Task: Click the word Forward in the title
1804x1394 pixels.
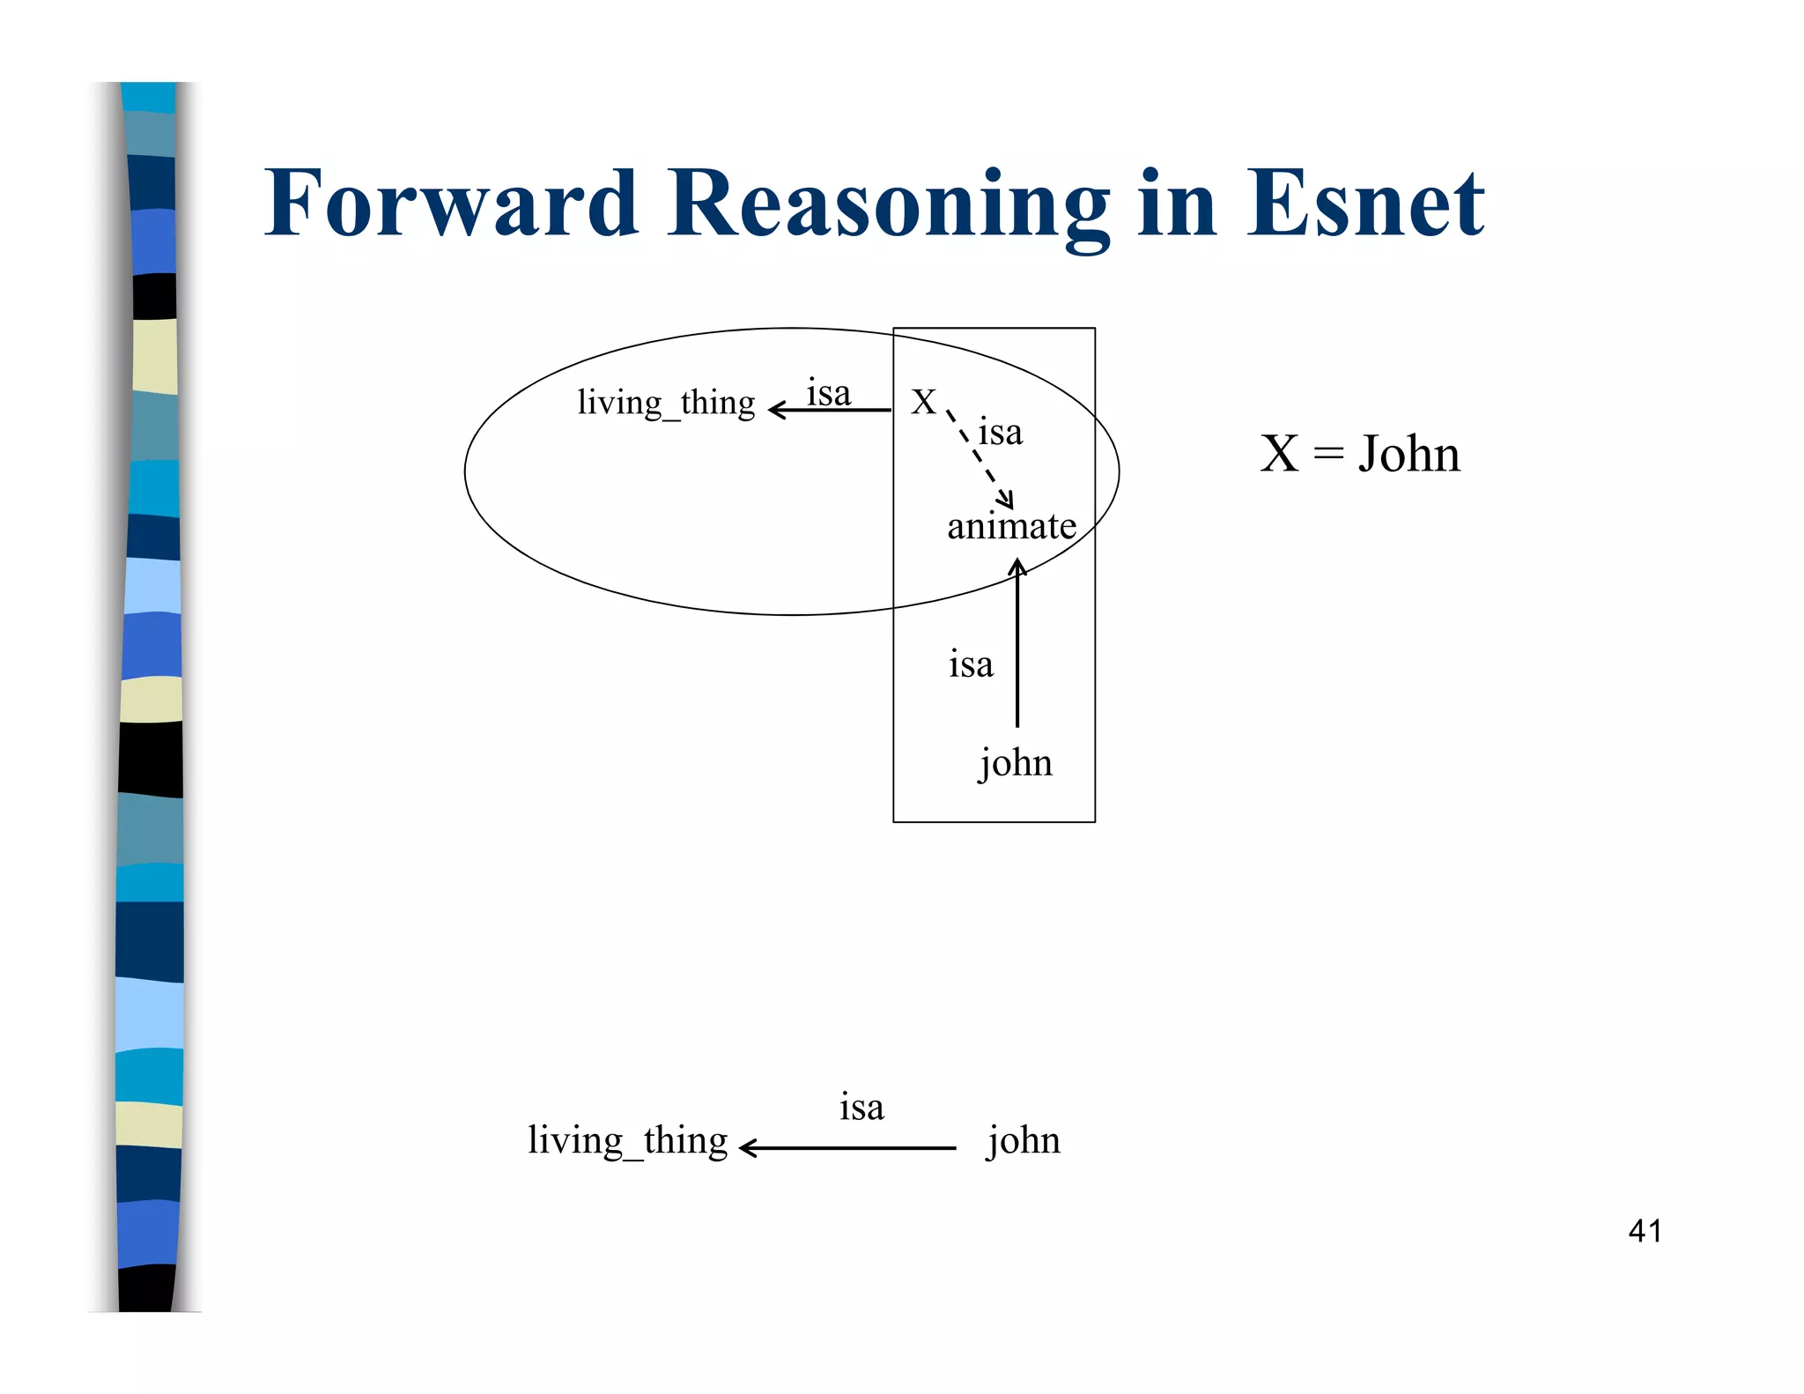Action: tap(450, 204)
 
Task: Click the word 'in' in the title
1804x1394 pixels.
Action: tap(1177, 204)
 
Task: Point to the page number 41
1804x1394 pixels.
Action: tap(1645, 1231)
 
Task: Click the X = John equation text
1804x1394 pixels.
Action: tap(1359, 454)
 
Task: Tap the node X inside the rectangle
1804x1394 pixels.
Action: tap(923, 402)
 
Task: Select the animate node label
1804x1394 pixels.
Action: tap(1011, 527)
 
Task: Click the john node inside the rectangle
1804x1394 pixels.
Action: tap(1016, 762)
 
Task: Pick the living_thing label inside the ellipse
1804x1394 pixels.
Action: tap(666, 403)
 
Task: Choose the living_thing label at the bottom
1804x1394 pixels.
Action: tap(627, 1140)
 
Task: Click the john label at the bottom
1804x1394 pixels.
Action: tap(1023, 1140)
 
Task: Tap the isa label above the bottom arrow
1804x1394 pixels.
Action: tap(861, 1107)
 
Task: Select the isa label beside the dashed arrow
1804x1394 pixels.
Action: tap(1001, 433)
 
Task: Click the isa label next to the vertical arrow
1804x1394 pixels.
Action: tap(971, 664)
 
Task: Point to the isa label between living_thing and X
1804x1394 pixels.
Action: tap(828, 393)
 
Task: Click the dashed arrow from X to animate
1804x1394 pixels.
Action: tap(980, 457)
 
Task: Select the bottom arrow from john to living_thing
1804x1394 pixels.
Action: tap(847, 1148)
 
